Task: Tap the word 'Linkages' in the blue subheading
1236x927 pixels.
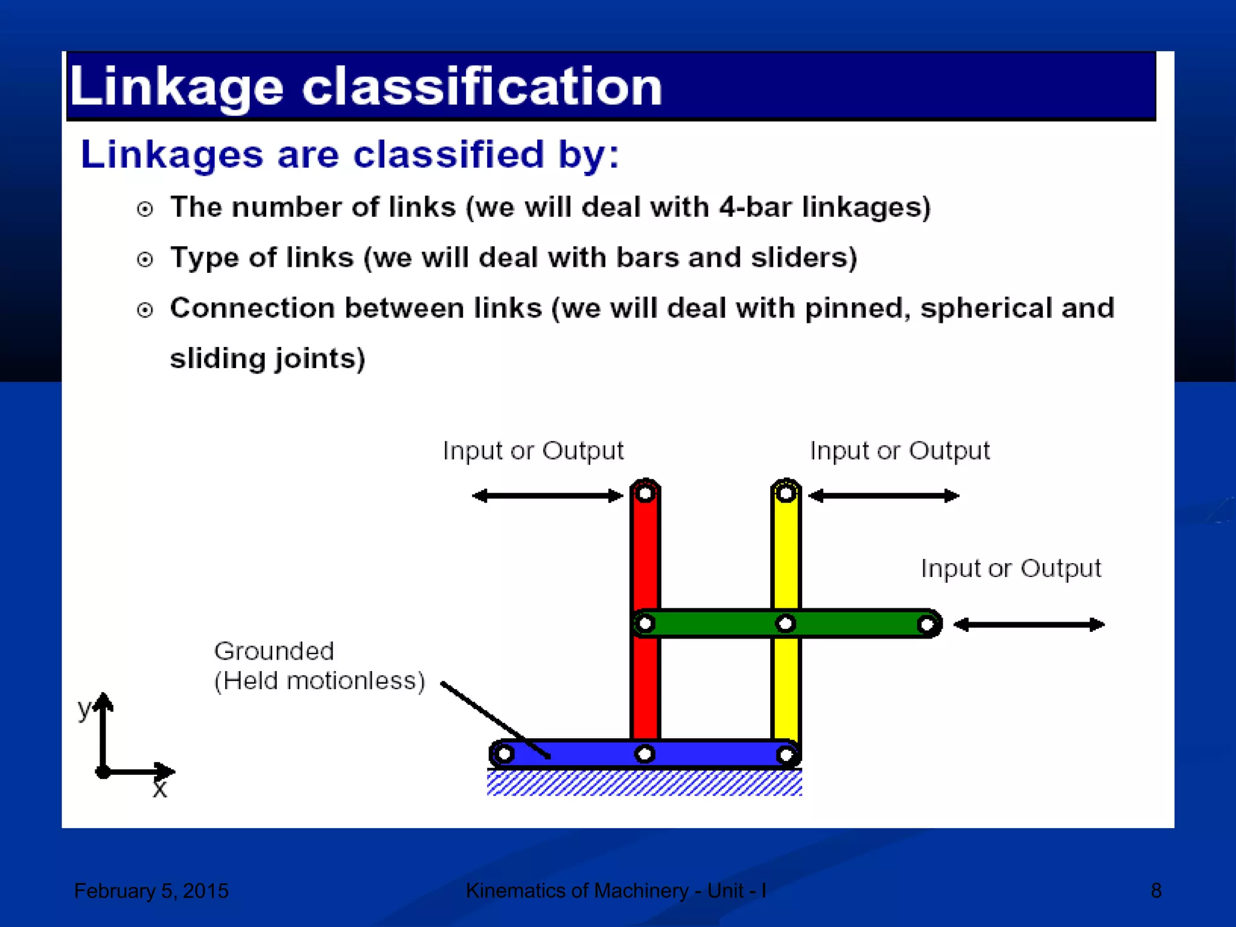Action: tap(172, 154)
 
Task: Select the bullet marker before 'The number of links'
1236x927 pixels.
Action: tap(145, 209)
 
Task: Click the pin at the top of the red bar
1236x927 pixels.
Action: tap(645, 494)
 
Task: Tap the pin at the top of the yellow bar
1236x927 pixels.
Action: tap(785, 494)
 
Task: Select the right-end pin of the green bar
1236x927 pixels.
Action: tap(926, 624)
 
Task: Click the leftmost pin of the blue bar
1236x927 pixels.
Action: tap(505, 754)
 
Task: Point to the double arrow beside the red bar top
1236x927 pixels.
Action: tap(547, 496)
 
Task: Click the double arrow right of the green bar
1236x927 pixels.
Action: tap(1029, 625)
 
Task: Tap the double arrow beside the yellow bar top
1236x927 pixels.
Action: tap(884, 496)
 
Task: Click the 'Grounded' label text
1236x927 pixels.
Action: tap(274, 651)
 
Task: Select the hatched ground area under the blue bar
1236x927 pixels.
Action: tap(644, 783)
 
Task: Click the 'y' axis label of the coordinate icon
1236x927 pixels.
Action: tap(84, 707)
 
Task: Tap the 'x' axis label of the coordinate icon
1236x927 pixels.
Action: tap(159, 789)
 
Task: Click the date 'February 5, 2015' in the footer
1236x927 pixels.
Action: tap(151, 891)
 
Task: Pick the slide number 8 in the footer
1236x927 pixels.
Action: tap(1156, 891)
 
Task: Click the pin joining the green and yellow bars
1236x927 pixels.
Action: tap(785, 623)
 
